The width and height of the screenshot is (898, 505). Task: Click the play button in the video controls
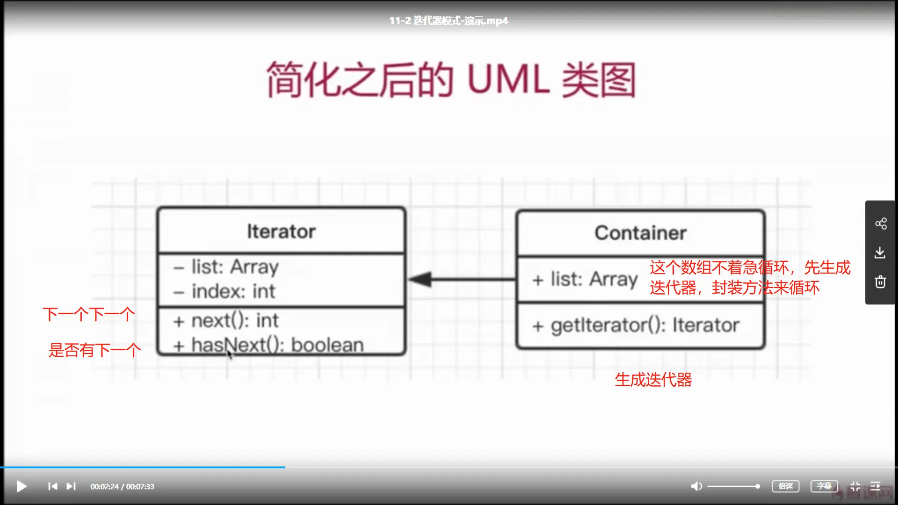[x=22, y=486]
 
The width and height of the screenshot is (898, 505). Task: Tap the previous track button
[x=52, y=486]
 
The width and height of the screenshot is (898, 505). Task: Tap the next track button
[x=71, y=486]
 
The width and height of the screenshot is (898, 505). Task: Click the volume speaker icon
[x=696, y=486]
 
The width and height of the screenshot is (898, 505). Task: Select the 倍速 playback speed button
[x=785, y=486]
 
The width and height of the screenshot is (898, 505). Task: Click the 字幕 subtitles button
[x=824, y=486]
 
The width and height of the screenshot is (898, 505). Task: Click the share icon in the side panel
[x=881, y=224]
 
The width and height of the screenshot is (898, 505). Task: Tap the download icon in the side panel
[x=880, y=253]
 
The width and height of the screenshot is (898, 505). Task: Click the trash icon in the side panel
[x=880, y=282]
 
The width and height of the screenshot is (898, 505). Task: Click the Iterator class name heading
[x=281, y=231]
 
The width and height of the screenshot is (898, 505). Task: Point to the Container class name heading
[x=640, y=233]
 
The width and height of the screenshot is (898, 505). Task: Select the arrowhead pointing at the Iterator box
[x=421, y=280]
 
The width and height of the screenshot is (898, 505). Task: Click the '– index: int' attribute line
[x=224, y=291]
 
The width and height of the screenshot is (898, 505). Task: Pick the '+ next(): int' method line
[x=226, y=321]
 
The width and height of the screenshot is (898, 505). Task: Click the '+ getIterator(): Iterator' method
[x=636, y=325]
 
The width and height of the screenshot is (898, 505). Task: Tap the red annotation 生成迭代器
[x=653, y=380]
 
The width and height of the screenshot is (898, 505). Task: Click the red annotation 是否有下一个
[x=94, y=350]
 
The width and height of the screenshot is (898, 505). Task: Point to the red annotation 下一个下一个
[x=89, y=314]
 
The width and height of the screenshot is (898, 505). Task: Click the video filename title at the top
[x=449, y=21]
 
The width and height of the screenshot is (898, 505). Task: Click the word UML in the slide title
[x=508, y=79]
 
